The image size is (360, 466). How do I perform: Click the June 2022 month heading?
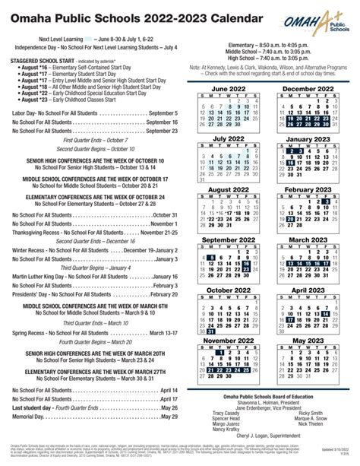(x=231, y=89)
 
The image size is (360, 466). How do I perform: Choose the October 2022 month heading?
(x=231, y=290)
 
